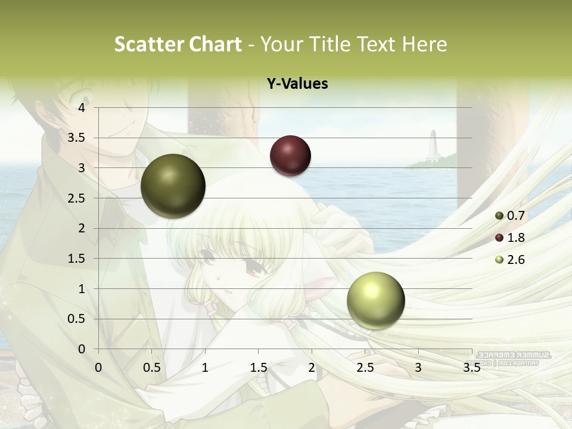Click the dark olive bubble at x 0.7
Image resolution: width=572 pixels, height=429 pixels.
[173, 186]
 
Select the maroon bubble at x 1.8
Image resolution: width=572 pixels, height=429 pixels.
[290, 156]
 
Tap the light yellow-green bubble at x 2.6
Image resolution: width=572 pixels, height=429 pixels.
[375, 300]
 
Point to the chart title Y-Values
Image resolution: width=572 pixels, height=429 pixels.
[297, 84]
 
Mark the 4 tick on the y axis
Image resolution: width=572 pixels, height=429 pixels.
[82, 108]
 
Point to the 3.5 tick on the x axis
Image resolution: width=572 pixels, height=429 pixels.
[471, 368]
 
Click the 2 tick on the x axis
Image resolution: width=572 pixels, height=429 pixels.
[312, 368]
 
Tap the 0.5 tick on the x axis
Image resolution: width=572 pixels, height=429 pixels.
[151, 368]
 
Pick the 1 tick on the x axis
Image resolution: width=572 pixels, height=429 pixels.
[205, 368]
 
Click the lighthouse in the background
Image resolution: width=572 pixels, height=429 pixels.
[433, 146]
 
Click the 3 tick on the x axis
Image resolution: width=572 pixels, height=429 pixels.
[418, 368]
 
